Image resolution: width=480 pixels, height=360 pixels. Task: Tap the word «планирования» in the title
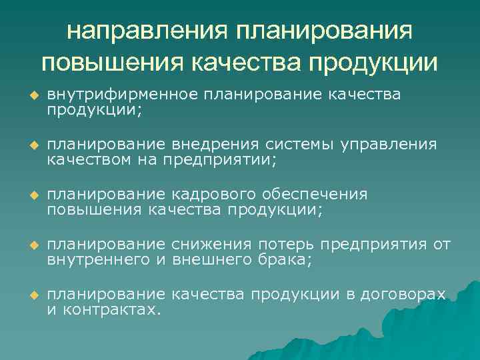323,31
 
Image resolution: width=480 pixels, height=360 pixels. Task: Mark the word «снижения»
210,244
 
